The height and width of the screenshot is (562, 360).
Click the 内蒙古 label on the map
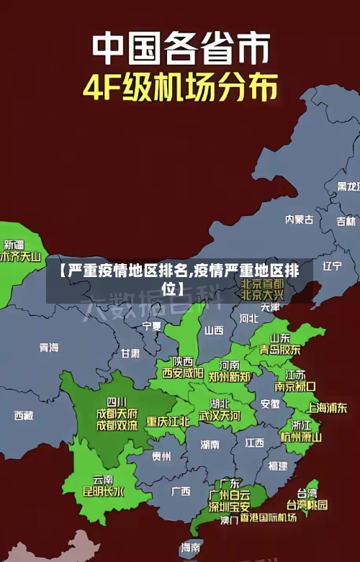coord(300,199)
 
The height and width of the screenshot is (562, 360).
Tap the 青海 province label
coord(49,348)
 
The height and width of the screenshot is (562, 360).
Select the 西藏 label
coord(24,415)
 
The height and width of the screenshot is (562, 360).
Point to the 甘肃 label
coord(130,353)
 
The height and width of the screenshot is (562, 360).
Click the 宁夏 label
coord(152,326)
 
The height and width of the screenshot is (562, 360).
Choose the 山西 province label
coord(214,330)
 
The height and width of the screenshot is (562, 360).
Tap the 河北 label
coord(248,317)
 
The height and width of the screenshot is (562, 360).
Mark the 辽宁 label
coord(332,266)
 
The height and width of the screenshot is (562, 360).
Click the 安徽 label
coord(270,404)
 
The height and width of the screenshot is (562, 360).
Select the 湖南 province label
coord(210,444)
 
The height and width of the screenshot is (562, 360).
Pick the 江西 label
coord(254,442)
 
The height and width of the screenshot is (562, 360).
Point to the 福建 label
coord(278,466)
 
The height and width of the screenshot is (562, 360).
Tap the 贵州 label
coord(161,456)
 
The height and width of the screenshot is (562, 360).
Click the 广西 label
coord(181,491)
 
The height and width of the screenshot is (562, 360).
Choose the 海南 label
coord(191,547)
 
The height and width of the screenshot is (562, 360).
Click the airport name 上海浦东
coord(328,407)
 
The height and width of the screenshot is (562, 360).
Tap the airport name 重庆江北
coord(168,421)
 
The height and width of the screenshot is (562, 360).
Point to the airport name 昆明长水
coord(104,492)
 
